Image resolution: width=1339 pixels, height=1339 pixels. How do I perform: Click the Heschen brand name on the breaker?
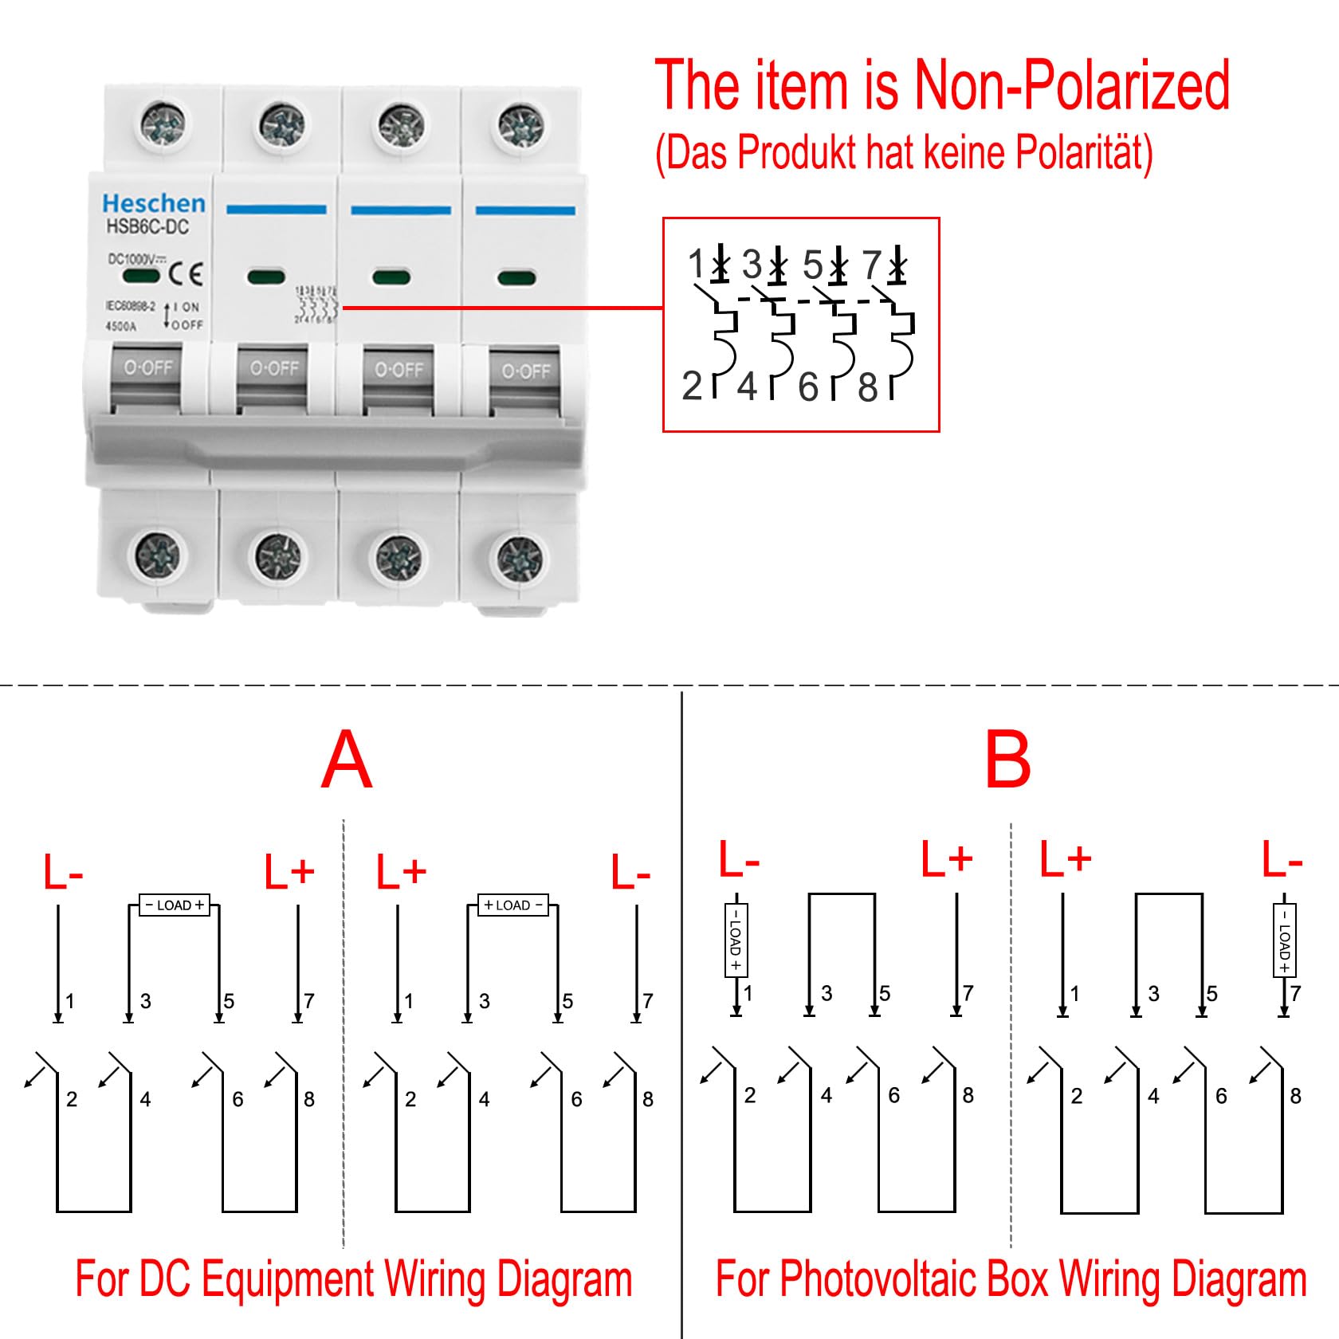tap(154, 203)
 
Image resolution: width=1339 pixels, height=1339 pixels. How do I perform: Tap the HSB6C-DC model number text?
tap(147, 227)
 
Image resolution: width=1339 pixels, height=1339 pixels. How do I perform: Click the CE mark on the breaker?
tap(187, 275)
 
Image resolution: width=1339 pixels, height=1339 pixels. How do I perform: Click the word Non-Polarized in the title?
tap(1071, 85)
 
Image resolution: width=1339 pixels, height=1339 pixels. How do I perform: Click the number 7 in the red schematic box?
tap(872, 265)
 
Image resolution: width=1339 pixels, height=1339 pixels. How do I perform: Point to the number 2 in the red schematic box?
tap(692, 386)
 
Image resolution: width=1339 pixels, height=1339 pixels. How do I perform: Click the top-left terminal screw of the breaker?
tap(163, 126)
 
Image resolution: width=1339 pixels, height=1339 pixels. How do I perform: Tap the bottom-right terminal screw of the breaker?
tap(520, 557)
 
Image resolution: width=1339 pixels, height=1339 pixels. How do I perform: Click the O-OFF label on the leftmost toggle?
tap(148, 368)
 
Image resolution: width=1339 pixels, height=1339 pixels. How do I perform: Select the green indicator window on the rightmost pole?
tap(516, 278)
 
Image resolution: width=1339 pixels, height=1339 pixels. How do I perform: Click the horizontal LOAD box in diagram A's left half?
tap(175, 905)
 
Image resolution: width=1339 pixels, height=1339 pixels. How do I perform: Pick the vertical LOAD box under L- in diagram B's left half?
tap(736, 940)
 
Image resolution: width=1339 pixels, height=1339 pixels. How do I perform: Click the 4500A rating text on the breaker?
tap(121, 326)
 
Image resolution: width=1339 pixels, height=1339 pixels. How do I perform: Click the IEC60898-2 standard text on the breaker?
tap(130, 306)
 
